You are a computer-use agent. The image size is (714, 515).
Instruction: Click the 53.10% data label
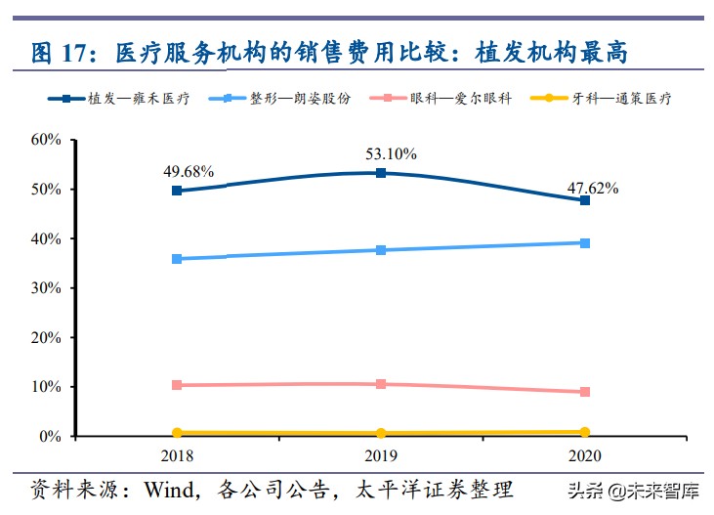[x=391, y=153]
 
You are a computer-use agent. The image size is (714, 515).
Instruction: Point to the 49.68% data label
[x=189, y=170]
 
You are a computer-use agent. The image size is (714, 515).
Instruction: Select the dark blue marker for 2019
[x=381, y=173]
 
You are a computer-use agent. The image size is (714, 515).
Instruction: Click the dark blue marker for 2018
[x=177, y=191]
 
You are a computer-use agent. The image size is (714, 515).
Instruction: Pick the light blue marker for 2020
[x=585, y=242]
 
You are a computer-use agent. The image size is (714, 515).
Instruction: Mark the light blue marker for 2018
[x=177, y=259]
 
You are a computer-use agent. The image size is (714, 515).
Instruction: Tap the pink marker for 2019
[x=381, y=384]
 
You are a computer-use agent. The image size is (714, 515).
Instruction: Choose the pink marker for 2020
[x=585, y=392]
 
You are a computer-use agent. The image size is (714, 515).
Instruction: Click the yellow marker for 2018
[x=177, y=433]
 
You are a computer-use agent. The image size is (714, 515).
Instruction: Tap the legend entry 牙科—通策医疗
[x=625, y=99]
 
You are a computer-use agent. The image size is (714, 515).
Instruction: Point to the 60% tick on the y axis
[x=47, y=140]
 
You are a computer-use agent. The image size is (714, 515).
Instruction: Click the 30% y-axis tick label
[x=47, y=288]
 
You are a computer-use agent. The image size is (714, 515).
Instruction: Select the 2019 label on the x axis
[x=381, y=455]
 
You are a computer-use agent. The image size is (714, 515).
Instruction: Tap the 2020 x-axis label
[x=585, y=455]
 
